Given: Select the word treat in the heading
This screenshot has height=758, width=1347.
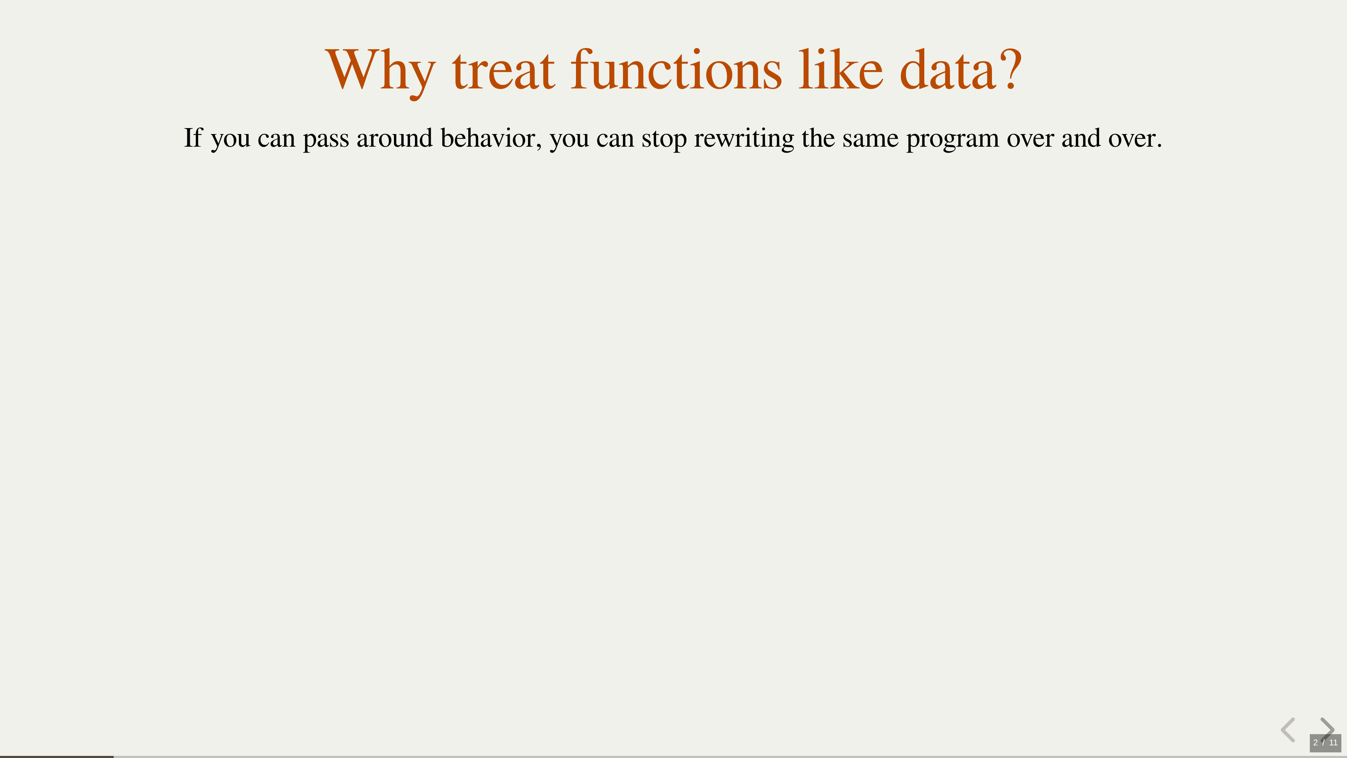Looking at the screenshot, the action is coord(503,70).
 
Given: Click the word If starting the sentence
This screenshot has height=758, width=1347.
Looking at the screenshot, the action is coord(193,138).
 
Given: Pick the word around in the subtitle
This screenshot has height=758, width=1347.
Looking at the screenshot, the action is coord(394,138).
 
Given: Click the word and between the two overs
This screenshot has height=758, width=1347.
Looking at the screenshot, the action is coord(1081,138).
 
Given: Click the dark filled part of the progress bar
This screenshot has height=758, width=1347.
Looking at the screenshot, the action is coord(56,757).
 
